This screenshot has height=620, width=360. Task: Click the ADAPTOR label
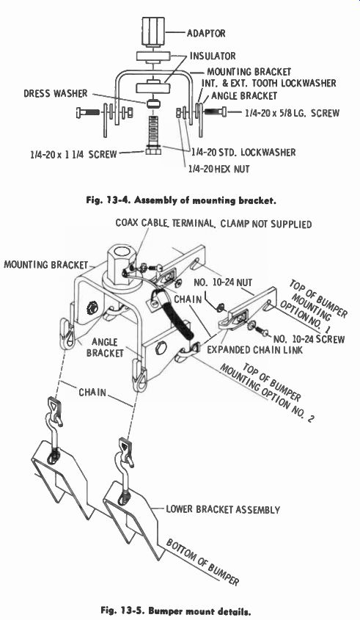click(206, 33)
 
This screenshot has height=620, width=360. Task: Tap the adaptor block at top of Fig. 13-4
click(154, 32)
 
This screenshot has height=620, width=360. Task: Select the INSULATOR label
click(213, 56)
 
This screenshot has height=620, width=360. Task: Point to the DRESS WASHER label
click(55, 93)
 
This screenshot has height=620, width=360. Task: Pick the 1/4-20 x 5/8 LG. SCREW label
click(292, 113)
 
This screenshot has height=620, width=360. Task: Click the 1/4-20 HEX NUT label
click(218, 169)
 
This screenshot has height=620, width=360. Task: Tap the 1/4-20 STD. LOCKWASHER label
click(243, 152)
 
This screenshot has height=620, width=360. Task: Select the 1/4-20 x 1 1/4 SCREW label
click(73, 154)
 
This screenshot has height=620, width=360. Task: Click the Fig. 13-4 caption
click(181, 200)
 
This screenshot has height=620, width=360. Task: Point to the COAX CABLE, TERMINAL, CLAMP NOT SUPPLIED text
click(213, 223)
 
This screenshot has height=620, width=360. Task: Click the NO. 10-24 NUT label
click(223, 282)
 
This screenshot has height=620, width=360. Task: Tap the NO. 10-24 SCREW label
click(309, 339)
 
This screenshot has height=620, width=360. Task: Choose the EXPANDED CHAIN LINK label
click(255, 349)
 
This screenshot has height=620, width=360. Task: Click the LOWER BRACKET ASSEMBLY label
click(223, 509)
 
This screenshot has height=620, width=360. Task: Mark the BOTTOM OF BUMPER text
click(202, 562)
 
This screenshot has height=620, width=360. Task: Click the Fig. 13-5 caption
click(175, 611)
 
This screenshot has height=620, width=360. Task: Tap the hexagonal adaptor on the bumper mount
click(122, 262)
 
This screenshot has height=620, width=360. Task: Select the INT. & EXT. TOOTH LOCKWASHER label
click(268, 83)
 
